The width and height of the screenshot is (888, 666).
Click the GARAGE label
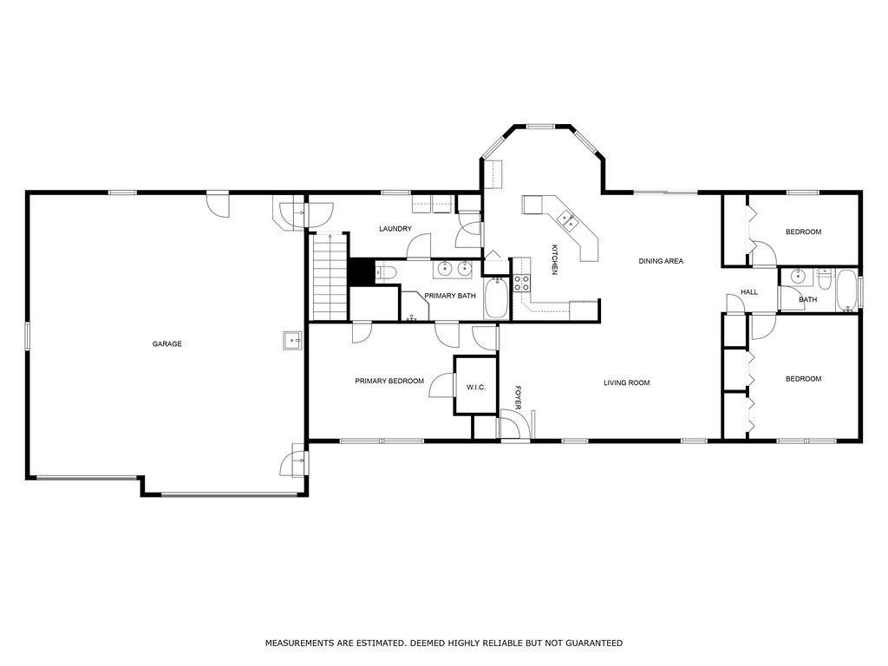[x=166, y=344]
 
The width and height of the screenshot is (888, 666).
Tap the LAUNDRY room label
[x=395, y=229]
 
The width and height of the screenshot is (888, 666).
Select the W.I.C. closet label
[x=475, y=387]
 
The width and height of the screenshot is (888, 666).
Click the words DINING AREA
[x=661, y=261]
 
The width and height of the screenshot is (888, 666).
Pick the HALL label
[x=748, y=292]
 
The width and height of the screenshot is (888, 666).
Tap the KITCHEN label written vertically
[x=554, y=260]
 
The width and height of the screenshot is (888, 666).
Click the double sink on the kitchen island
[x=568, y=221]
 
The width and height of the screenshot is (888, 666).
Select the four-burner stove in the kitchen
[x=522, y=282]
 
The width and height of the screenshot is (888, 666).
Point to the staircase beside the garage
[x=330, y=275]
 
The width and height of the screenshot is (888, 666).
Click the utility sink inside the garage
[x=292, y=340]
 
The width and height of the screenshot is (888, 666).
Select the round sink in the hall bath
[x=798, y=277]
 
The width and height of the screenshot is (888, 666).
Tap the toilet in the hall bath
[x=823, y=279]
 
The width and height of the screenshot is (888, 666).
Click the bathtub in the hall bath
[x=846, y=291]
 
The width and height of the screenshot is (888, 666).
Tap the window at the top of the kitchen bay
[x=541, y=127]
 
